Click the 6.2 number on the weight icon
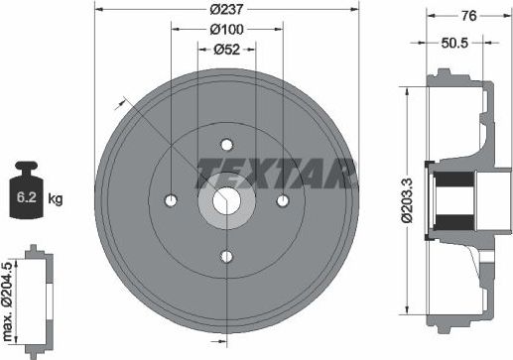tap(30, 197)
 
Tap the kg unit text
tap(56, 198)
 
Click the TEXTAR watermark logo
tap(277, 173)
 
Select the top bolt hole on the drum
tap(226, 142)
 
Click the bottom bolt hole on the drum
tap(226, 257)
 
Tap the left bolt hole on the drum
tap(171, 200)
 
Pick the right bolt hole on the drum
tap(283, 200)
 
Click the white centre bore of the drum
tap(226, 200)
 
